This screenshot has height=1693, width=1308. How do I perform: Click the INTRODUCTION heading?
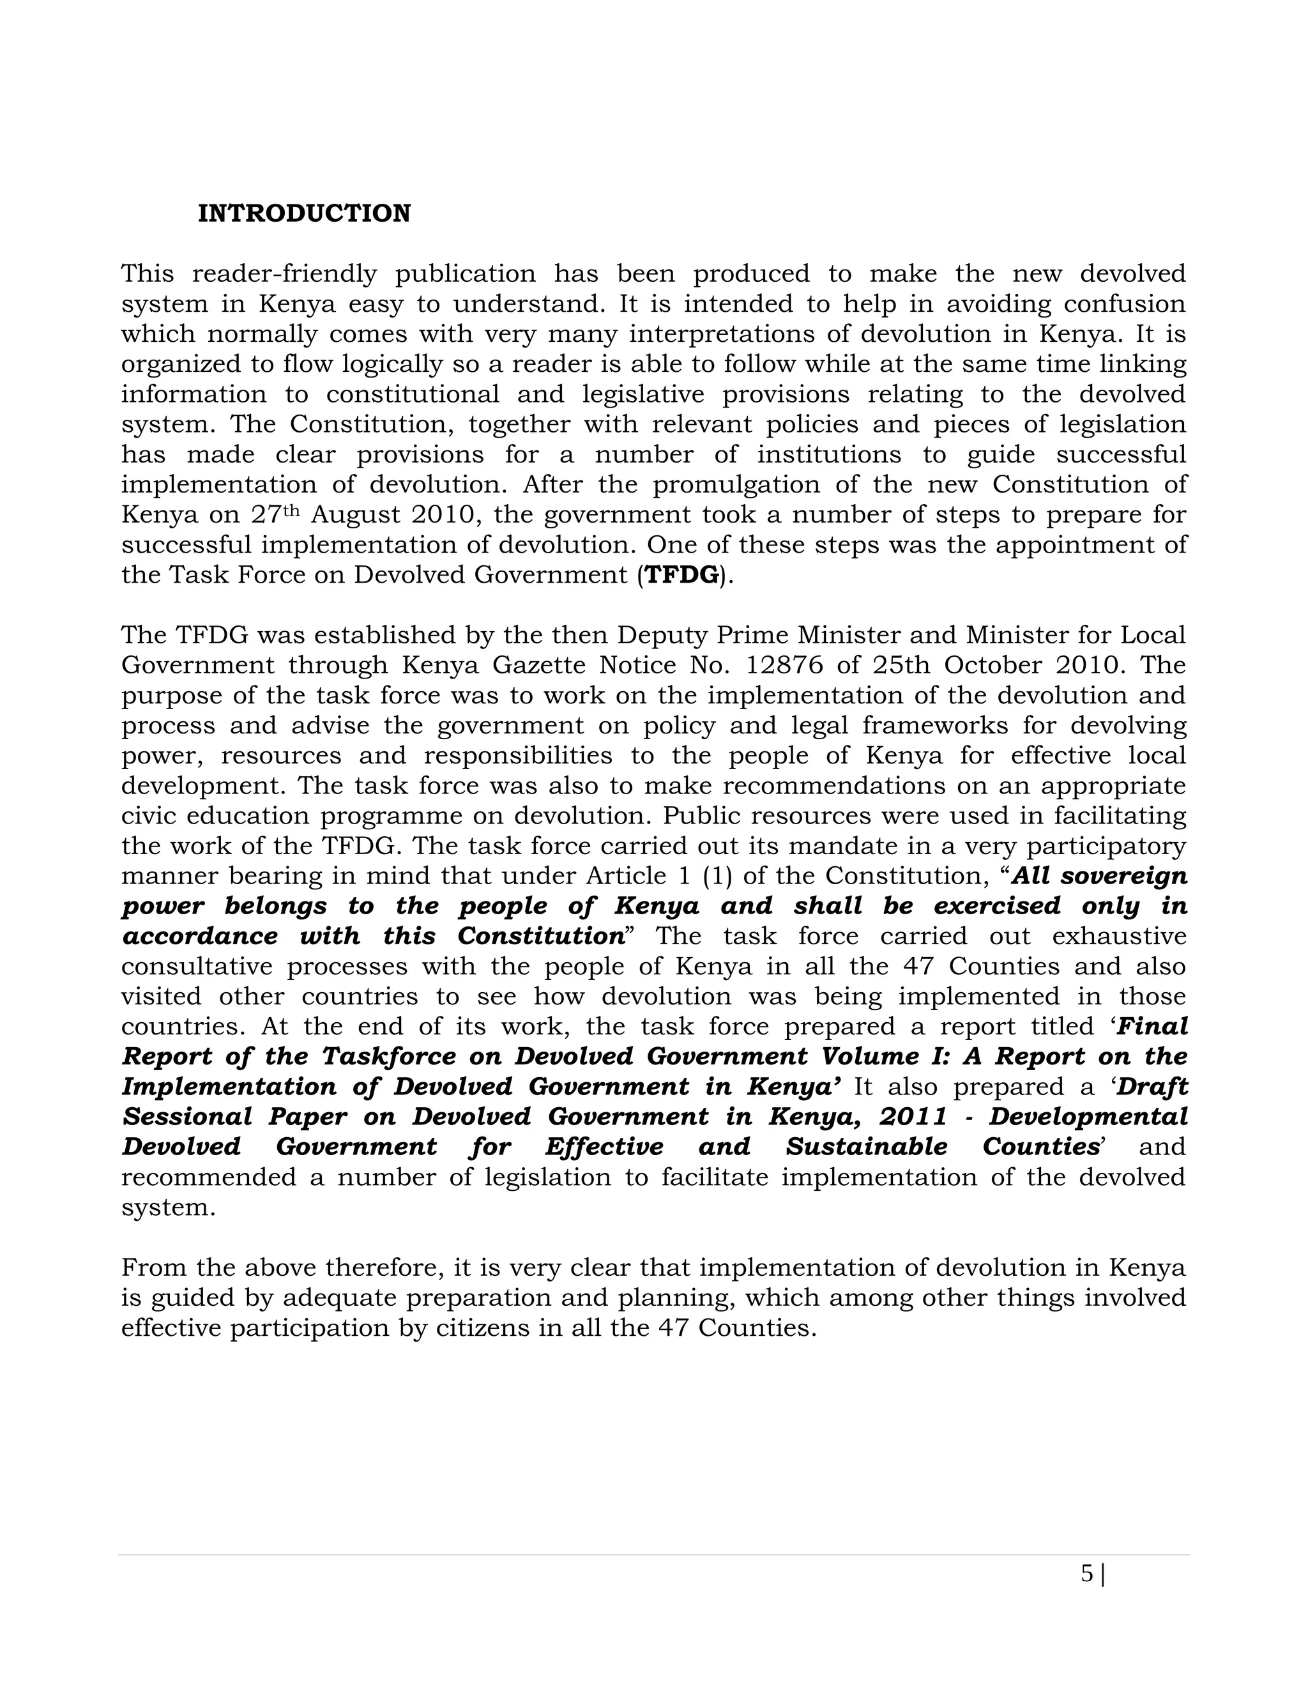click(304, 214)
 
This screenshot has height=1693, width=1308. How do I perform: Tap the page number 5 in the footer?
click(1087, 1573)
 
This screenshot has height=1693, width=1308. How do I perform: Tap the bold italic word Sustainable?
click(866, 1147)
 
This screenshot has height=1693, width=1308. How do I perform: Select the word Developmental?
click(1088, 1117)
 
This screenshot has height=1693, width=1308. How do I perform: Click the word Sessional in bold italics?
click(186, 1117)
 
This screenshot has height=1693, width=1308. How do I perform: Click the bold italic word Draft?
click(1152, 1087)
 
